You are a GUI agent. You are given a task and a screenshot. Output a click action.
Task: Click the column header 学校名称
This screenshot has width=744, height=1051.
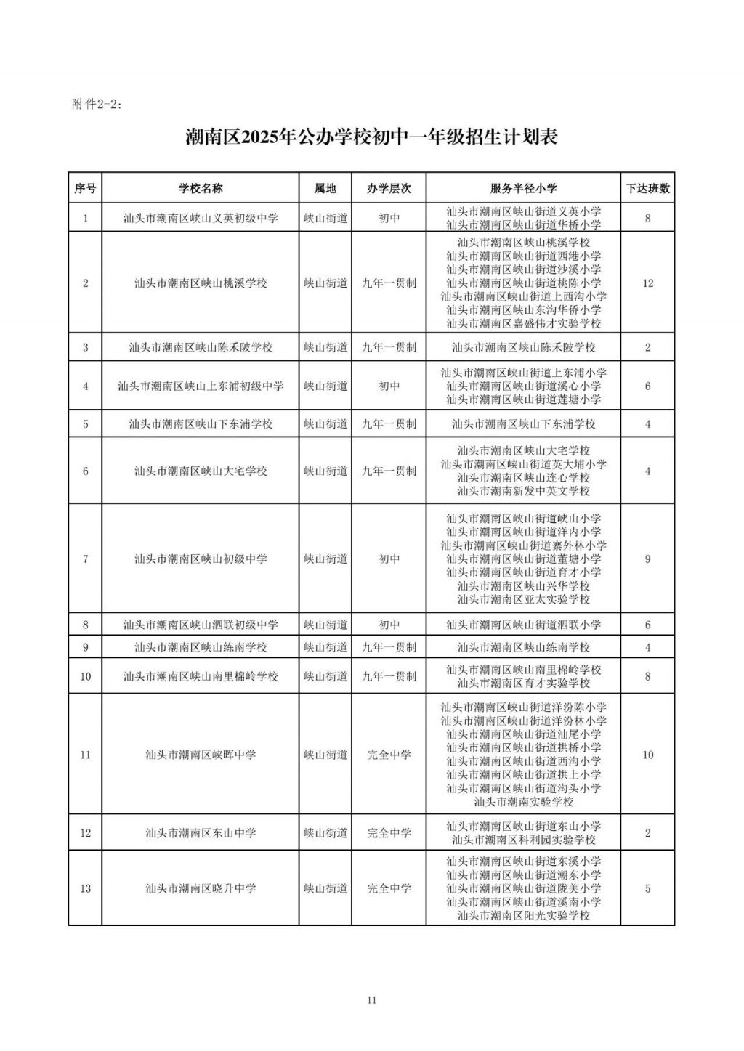pyautogui.click(x=201, y=188)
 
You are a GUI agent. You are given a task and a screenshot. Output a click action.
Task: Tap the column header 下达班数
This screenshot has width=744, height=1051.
pyautogui.click(x=648, y=188)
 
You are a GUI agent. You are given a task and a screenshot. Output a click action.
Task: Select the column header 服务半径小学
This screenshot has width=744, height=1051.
pyautogui.click(x=523, y=188)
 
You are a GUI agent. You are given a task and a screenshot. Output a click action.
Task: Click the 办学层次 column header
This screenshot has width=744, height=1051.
pyautogui.click(x=389, y=188)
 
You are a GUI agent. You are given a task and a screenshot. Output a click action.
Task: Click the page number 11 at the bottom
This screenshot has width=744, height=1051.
pyautogui.click(x=372, y=1000)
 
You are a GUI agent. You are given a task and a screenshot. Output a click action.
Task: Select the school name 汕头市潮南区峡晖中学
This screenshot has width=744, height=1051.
pyautogui.click(x=201, y=755)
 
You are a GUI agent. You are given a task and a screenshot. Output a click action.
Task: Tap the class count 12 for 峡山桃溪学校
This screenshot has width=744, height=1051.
pyautogui.click(x=648, y=283)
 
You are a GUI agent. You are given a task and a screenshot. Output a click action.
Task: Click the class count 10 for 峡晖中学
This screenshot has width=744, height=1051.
pyautogui.click(x=648, y=755)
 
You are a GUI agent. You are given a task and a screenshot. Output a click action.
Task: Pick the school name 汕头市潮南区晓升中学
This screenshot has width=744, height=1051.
pyautogui.click(x=201, y=888)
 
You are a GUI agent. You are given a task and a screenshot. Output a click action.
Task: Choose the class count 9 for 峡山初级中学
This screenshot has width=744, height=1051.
pyautogui.click(x=648, y=559)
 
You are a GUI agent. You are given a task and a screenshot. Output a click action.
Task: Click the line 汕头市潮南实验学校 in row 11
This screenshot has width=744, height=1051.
pyautogui.click(x=523, y=802)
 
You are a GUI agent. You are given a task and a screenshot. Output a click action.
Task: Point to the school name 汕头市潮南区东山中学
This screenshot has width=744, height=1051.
pyautogui.click(x=201, y=832)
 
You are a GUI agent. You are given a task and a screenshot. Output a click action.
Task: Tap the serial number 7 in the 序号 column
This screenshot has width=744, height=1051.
pyautogui.click(x=86, y=559)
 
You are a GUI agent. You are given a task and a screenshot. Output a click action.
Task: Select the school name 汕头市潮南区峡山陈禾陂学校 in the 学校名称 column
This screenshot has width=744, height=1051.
pyautogui.click(x=201, y=347)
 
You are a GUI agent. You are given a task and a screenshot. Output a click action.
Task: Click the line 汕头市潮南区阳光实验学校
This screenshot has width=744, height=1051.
pyautogui.click(x=523, y=916)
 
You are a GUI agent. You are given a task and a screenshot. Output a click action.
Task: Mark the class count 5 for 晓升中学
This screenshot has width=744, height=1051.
pyautogui.click(x=648, y=888)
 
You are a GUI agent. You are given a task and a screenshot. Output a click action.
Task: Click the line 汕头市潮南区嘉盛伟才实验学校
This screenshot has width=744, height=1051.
pyautogui.click(x=523, y=323)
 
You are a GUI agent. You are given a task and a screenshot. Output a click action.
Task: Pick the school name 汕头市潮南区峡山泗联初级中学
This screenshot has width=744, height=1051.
pyautogui.click(x=201, y=625)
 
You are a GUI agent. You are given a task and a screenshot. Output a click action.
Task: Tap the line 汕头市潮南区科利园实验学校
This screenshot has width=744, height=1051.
pyautogui.click(x=523, y=840)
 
